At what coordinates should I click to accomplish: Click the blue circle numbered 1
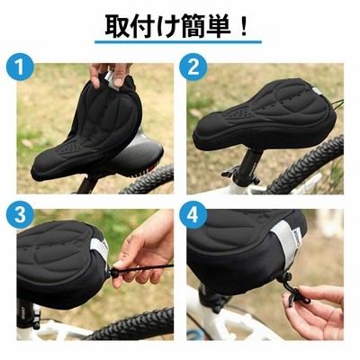pos(20,67)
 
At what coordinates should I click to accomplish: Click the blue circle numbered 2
pos(193,67)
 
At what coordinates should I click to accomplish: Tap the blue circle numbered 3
pos(20,215)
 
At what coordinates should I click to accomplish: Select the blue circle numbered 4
pos(193,215)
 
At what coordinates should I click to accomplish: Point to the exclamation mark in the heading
pos(244,26)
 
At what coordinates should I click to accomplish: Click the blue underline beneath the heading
pos(178,42)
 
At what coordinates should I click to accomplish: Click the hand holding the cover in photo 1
pos(110,74)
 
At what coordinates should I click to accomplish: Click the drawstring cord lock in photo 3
pos(114,273)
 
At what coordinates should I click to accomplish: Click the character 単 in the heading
pos(218,26)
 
